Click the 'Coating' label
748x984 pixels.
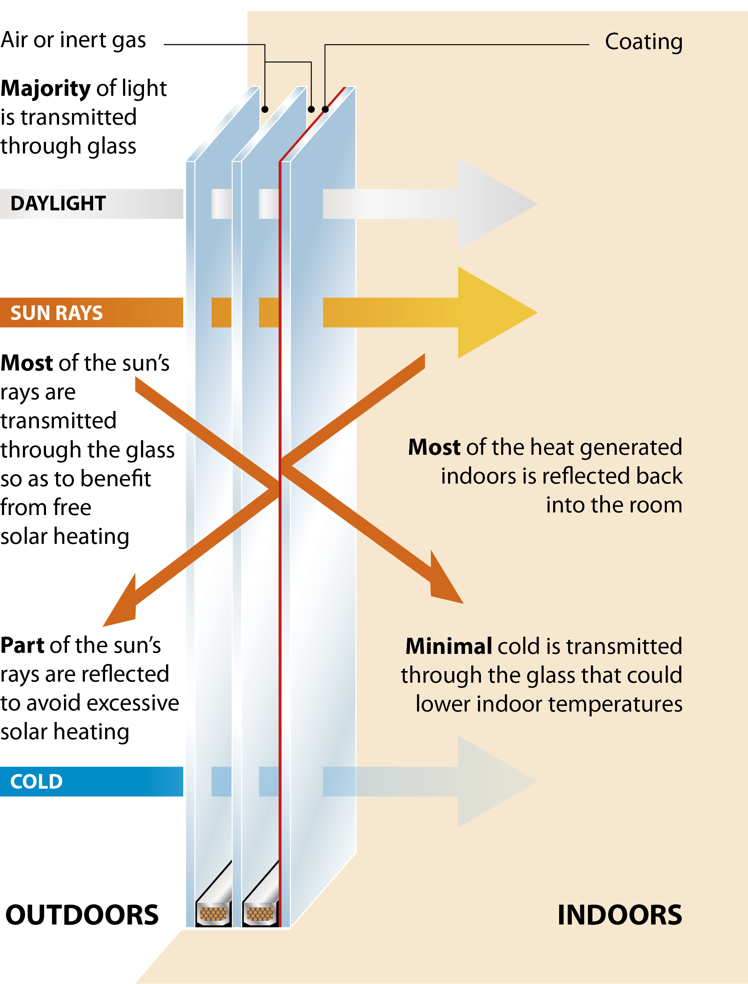643,42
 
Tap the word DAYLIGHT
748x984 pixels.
58,204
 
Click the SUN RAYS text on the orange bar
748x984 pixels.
56,313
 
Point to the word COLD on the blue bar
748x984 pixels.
37,781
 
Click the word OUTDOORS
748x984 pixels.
82,915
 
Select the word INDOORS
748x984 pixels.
619,915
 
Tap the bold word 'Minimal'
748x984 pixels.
448,646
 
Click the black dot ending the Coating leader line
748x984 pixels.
325,109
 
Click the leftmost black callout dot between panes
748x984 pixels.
265,109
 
